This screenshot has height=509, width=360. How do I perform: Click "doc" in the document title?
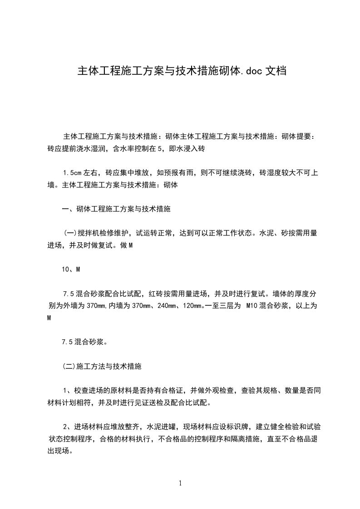point(253,71)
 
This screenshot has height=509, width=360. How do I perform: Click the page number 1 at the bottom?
point(180,483)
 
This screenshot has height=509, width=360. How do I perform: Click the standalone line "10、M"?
point(71,269)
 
